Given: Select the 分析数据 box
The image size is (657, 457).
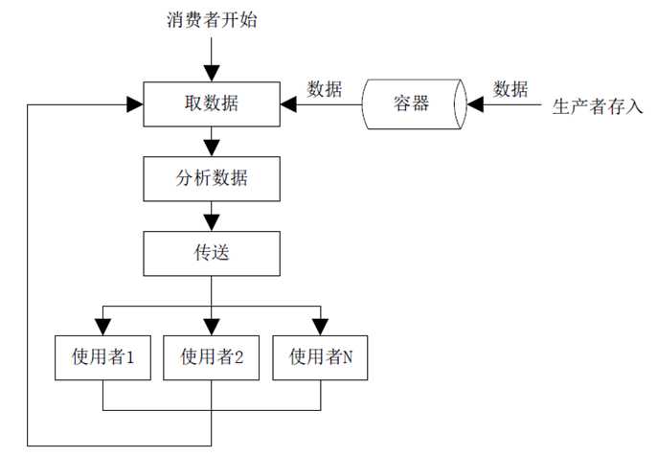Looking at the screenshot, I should point(212,177).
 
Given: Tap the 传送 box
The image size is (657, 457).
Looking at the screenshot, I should point(212,253).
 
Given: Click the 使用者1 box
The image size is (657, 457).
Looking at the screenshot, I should point(102,357).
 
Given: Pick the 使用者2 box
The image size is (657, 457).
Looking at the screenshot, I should point(212,357).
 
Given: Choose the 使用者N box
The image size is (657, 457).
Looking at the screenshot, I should point(321,357).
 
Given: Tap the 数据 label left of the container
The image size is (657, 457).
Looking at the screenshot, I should point(324,89).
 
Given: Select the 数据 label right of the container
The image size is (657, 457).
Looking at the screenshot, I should point(510,89).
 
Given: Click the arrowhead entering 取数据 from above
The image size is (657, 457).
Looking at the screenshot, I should point(212,74).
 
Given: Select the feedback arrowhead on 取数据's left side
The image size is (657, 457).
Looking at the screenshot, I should point(135,103).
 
